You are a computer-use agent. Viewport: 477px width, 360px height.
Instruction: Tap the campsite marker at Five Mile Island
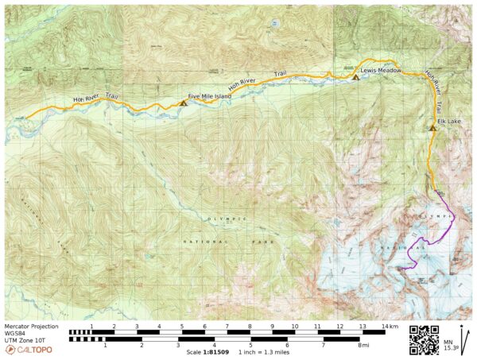(184, 103)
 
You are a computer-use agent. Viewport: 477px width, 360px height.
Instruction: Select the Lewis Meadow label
(380, 71)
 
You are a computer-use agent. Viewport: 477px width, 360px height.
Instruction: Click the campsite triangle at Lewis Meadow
(355, 77)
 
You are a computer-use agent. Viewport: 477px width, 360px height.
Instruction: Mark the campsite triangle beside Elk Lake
(432, 127)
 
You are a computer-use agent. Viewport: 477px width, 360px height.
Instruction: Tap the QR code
(425, 339)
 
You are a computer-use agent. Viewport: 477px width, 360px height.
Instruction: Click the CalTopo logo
(29, 350)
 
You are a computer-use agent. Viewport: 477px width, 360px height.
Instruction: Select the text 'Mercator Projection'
(31, 326)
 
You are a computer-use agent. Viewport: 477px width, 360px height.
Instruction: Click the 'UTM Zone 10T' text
(25, 339)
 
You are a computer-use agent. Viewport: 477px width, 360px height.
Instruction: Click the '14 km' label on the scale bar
(389, 326)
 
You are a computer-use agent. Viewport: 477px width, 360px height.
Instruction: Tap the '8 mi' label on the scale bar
(363, 345)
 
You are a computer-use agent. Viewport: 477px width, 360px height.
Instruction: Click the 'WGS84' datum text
(17, 333)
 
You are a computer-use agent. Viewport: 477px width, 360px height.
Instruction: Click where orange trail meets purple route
(436, 192)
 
